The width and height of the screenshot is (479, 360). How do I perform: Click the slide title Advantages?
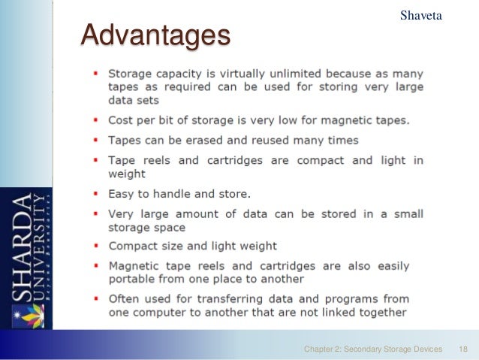click(155, 35)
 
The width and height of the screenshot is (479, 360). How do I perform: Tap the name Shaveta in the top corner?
click(421, 14)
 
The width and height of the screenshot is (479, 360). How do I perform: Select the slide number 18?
click(462, 349)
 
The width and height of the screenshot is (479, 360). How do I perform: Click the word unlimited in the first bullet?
click(313, 74)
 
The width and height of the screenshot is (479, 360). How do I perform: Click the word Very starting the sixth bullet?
click(122, 214)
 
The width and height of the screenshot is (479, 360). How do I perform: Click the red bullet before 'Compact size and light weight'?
click(96, 246)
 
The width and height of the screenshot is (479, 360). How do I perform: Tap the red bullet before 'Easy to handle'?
click(96, 194)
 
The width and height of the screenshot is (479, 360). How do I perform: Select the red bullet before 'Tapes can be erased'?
click(96, 141)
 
